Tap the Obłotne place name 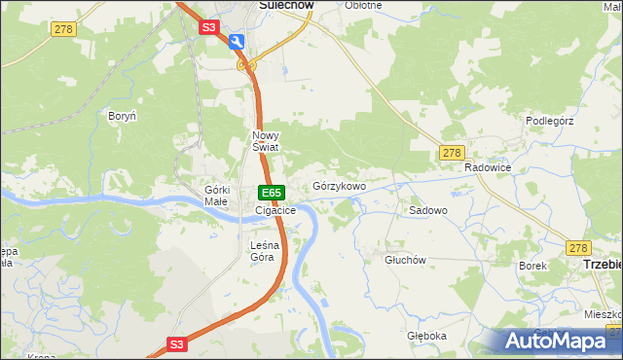coord(363,5)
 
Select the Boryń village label coord(123,116)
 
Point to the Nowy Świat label coord(266,141)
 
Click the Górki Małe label coord(215,195)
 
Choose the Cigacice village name coord(275,210)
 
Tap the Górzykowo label coord(339,186)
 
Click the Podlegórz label coord(552,121)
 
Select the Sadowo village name coord(427,210)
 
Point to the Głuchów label coord(406,260)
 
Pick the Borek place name coord(533,265)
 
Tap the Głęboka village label coord(427,336)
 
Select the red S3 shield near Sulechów coord(210,28)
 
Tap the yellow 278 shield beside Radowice coord(451,153)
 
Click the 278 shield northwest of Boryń coord(63,31)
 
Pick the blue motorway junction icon coord(238,42)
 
